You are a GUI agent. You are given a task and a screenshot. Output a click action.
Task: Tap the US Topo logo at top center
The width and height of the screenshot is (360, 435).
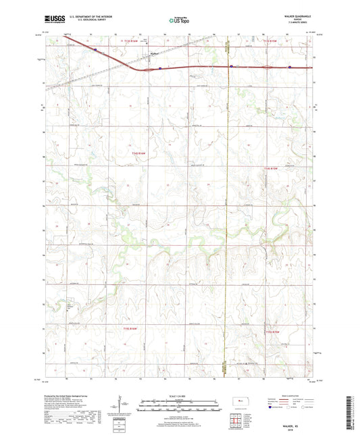[x=178, y=21]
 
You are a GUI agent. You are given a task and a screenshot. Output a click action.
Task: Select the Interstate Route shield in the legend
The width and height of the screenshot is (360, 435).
[x=272, y=407]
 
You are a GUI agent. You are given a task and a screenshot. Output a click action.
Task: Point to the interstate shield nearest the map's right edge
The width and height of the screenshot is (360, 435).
[x=289, y=67]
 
